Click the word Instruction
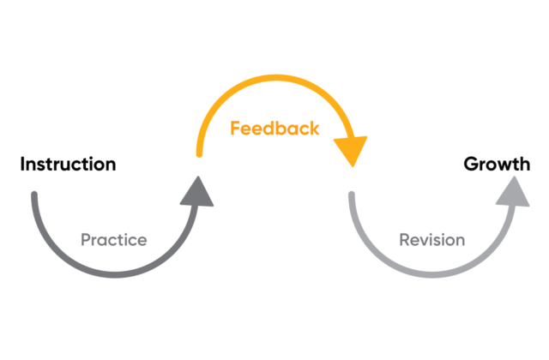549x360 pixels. (68, 164)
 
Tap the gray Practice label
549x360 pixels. (113, 240)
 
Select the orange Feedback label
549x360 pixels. (274, 129)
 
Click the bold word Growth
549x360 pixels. (497, 164)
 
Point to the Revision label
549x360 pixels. (431, 240)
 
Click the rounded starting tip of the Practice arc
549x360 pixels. (35, 196)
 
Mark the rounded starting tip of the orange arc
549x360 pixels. (200, 154)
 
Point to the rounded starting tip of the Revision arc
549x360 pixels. (352, 196)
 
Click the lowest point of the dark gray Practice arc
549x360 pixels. (117, 275)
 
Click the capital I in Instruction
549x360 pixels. (23, 164)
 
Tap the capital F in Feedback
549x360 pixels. (234, 129)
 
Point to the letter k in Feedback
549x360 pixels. (314, 129)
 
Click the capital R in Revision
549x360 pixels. (404, 240)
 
